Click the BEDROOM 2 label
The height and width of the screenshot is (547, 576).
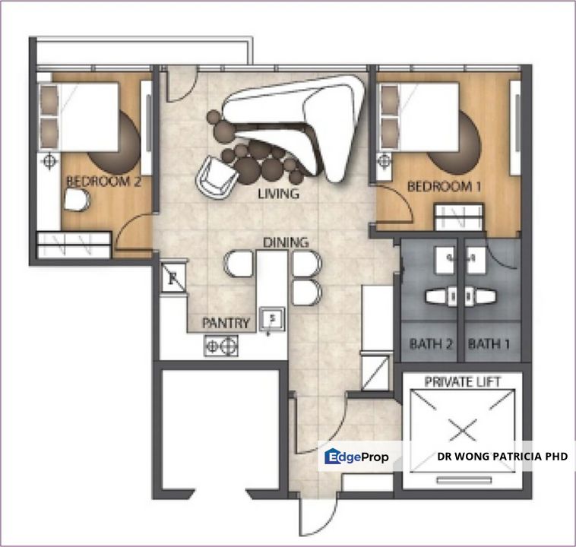click(x=103, y=182)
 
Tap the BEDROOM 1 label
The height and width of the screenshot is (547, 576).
click(x=444, y=186)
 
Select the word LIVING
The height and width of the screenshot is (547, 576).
click(x=278, y=194)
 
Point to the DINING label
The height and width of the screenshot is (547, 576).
click(x=286, y=242)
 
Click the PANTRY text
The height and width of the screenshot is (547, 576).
click(x=226, y=323)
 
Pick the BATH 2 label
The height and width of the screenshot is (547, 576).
click(x=432, y=344)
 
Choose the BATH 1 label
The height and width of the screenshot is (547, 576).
click(x=489, y=344)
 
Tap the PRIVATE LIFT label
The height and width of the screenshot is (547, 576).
click(x=463, y=381)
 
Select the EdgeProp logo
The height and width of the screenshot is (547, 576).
click(x=357, y=457)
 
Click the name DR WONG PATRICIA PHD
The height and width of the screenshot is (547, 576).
click(x=502, y=457)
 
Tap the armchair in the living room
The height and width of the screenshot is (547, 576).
click(x=217, y=176)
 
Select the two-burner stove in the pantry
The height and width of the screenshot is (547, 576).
click(x=220, y=346)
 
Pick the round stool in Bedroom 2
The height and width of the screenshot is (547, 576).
click(x=77, y=201)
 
